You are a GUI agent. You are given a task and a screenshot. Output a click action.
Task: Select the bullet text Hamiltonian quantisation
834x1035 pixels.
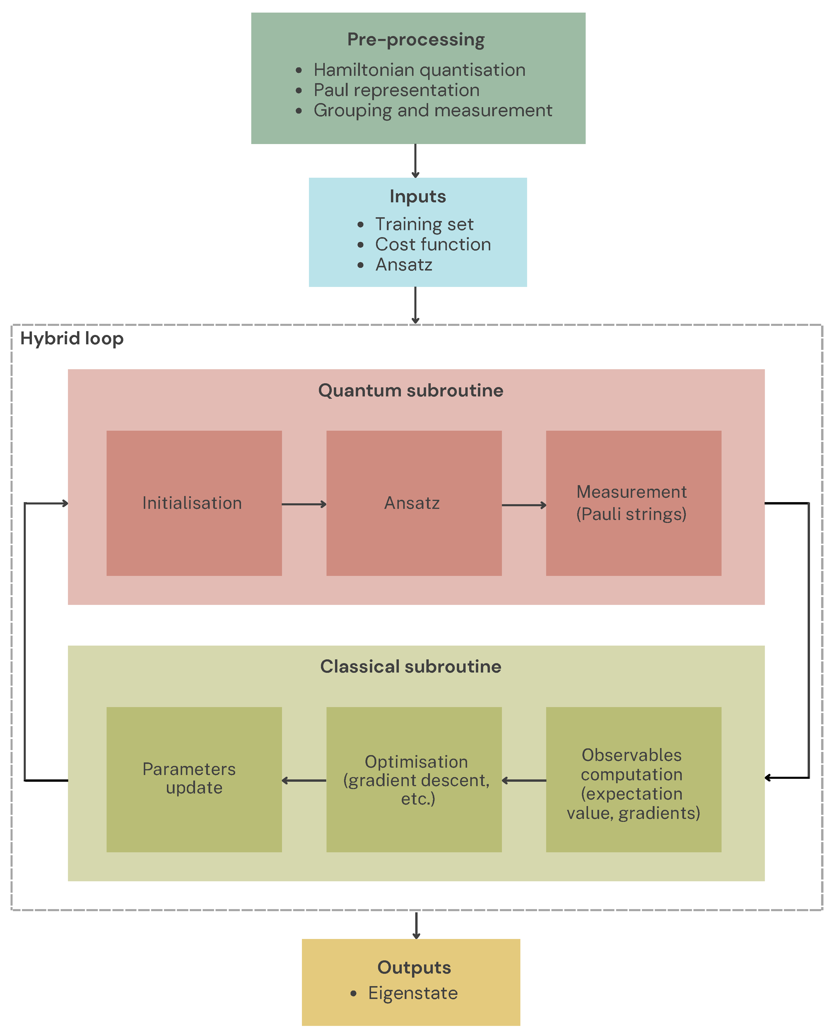(419, 70)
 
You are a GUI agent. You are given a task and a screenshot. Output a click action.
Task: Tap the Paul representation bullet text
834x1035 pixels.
(396, 90)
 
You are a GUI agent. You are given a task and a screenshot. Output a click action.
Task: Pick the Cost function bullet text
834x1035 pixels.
(433, 244)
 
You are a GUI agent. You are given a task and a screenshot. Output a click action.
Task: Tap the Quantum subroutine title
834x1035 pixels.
(411, 391)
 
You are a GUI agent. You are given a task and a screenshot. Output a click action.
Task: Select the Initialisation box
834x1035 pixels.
(194, 503)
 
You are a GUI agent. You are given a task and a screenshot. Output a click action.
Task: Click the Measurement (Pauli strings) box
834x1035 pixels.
(634, 503)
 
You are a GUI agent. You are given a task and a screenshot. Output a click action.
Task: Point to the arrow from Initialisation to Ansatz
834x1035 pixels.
(304, 504)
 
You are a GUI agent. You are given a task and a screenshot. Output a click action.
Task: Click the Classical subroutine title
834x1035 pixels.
(411, 667)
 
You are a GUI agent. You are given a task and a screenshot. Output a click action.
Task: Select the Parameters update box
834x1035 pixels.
(194, 779)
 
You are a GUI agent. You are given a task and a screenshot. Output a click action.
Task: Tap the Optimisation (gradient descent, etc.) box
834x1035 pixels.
(414, 779)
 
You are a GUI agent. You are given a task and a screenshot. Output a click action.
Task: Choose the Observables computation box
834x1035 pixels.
(634, 779)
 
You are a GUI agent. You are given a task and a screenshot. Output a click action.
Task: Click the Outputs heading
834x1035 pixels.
(414, 968)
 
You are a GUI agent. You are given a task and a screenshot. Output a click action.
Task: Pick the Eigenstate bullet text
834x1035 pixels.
(413, 993)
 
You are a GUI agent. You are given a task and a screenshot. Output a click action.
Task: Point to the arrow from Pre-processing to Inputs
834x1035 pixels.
(416, 161)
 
